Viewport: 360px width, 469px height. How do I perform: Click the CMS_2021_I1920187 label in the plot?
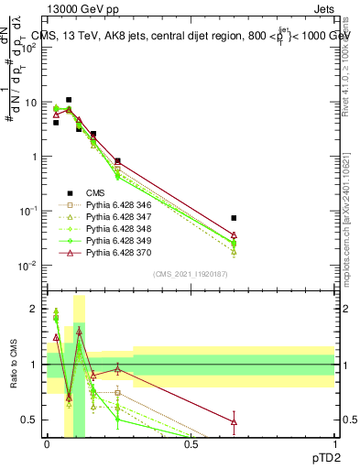[x=190, y=274]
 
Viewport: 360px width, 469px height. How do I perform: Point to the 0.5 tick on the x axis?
[x=191, y=443]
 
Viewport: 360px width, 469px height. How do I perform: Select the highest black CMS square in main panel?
[x=69, y=100]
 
